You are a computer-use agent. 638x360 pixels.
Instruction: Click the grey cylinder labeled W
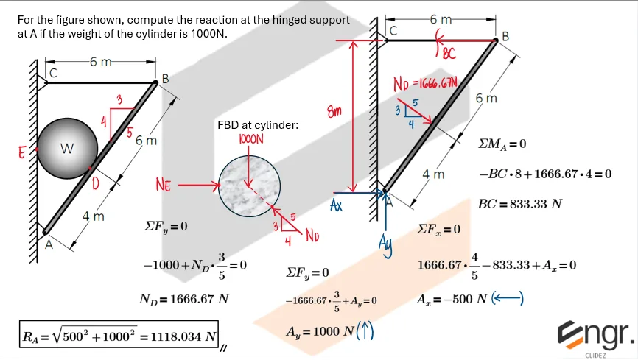click(67, 148)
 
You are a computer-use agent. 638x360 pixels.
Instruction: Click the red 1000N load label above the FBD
click(251, 138)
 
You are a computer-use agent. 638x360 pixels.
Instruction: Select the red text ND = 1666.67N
click(426, 83)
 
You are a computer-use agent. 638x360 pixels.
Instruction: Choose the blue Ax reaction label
click(336, 205)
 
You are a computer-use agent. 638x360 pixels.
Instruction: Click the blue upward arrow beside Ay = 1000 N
click(365, 333)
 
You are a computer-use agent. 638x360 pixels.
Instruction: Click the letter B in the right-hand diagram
click(505, 36)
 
